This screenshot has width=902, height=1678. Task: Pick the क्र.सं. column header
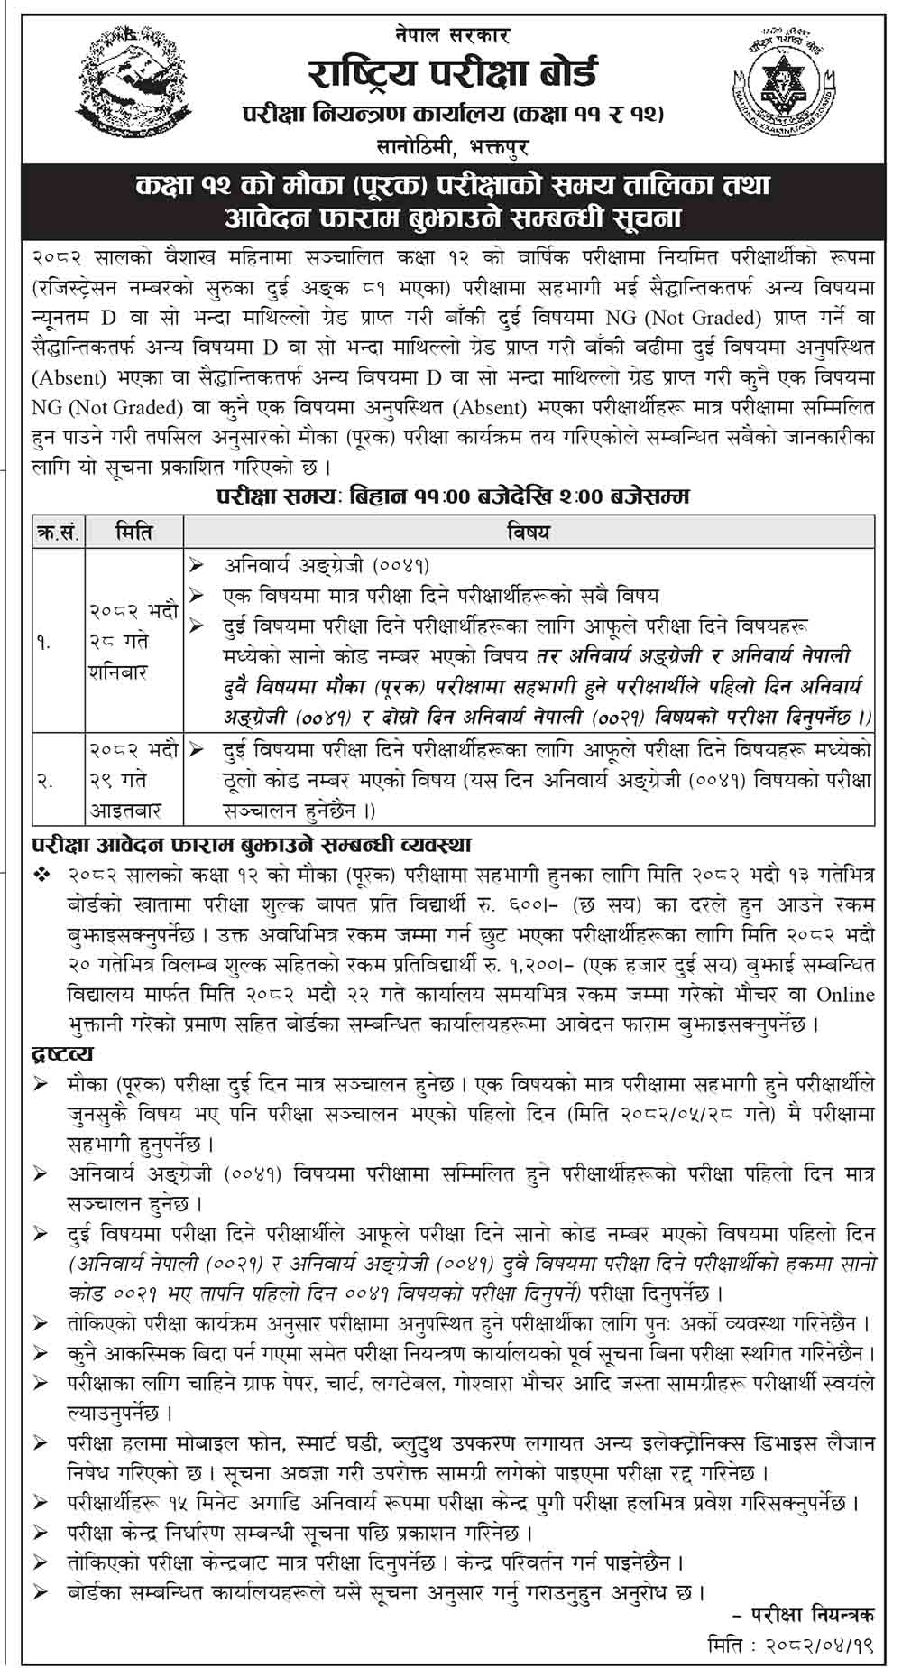(x=57, y=532)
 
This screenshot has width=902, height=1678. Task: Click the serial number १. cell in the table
(x=44, y=643)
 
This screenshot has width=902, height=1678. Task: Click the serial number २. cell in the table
(x=44, y=782)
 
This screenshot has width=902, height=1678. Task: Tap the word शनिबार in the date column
(x=118, y=673)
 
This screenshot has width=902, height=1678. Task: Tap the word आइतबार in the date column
(x=124, y=810)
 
